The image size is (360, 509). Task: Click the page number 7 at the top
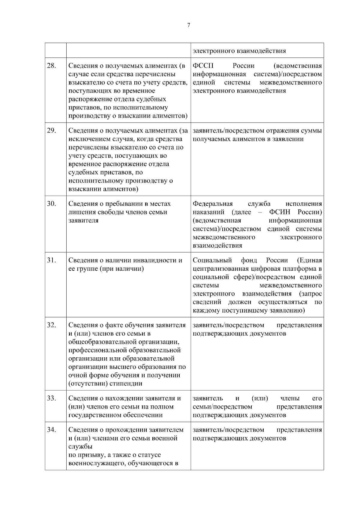click(x=188, y=25)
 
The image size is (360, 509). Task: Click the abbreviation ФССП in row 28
click(x=203, y=66)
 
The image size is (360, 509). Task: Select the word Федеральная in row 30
click(x=212, y=204)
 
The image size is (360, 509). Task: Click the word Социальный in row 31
click(x=212, y=260)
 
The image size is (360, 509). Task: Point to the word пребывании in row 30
click(x=123, y=204)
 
